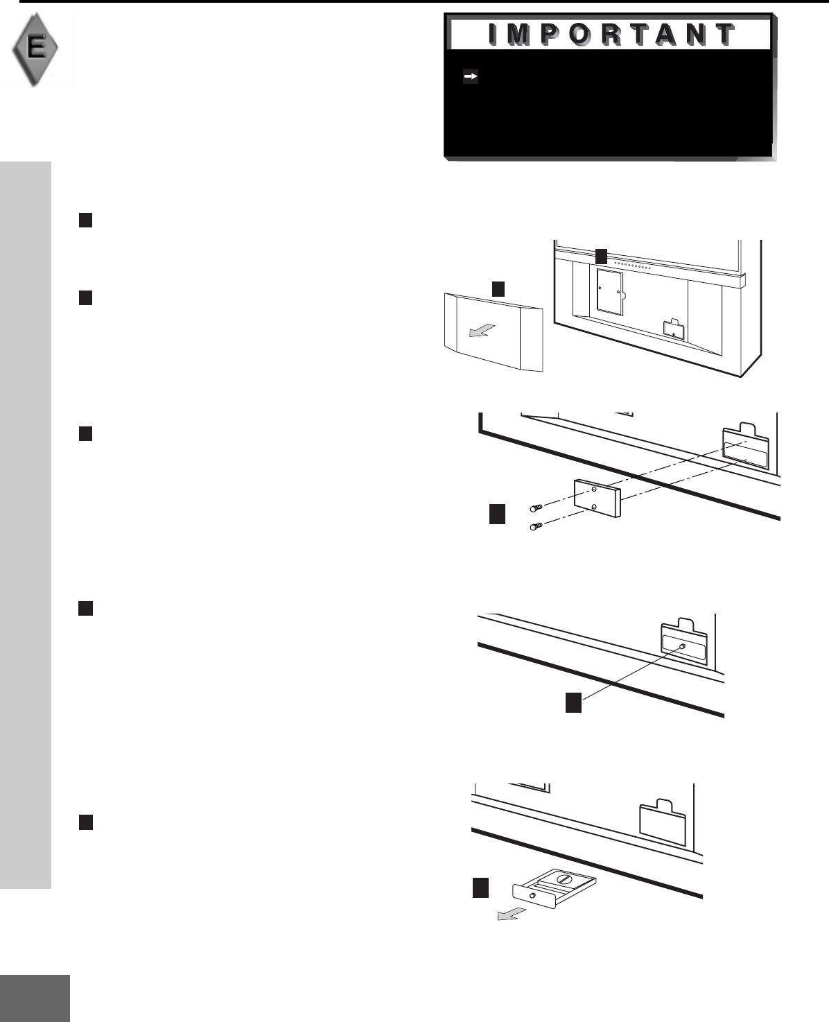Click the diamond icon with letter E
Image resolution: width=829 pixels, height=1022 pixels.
tap(35, 49)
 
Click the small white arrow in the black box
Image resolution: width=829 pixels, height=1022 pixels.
tap(471, 77)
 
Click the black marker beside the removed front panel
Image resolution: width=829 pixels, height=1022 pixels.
tap(498, 288)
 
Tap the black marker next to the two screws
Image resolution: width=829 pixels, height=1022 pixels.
tap(497, 514)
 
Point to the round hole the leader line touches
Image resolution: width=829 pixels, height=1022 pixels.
tap(683, 646)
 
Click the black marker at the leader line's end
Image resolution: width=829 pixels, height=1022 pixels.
tap(573, 702)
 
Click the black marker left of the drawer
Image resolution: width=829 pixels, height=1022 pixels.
tap(481, 888)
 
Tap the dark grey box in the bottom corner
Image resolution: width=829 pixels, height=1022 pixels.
tap(35, 998)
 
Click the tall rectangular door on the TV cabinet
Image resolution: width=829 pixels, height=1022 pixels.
tap(609, 292)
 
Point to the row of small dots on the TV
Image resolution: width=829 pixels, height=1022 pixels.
tap(633, 266)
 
